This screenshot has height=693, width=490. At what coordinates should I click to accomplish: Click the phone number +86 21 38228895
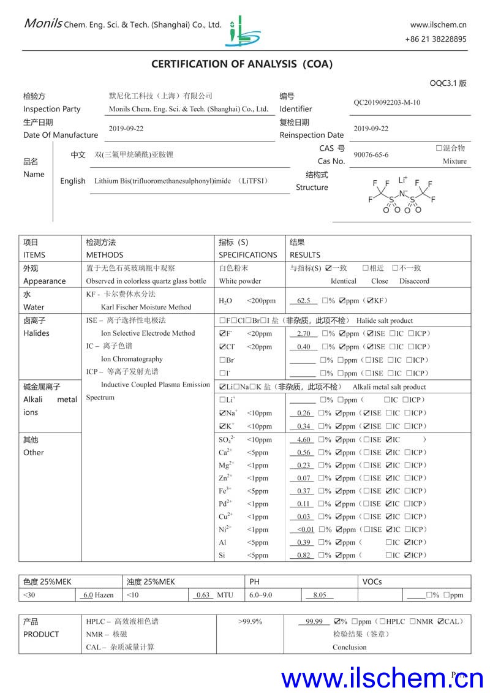[x=435, y=39]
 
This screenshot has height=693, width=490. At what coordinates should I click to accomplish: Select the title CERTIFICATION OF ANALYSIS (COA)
[x=242, y=64]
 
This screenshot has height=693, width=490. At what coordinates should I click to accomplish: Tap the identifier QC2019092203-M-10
[x=387, y=102]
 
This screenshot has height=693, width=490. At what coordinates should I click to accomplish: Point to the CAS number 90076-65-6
[x=371, y=155]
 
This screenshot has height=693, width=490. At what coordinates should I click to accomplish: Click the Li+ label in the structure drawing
[x=402, y=180]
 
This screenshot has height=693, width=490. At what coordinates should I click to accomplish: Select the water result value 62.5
[x=304, y=301]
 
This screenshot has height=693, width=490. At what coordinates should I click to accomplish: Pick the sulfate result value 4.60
[x=304, y=440]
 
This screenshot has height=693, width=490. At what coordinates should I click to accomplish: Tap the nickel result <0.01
[x=305, y=530]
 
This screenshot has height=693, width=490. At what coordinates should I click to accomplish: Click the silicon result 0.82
[x=304, y=556]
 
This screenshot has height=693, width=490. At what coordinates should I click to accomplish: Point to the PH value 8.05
[x=320, y=595]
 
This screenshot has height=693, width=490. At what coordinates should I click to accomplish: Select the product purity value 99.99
[x=314, y=622]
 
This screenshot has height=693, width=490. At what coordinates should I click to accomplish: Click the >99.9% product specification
[x=250, y=622]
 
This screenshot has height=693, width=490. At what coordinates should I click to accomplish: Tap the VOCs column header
[x=372, y=581]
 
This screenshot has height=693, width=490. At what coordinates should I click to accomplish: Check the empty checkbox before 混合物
[x=439, y=148]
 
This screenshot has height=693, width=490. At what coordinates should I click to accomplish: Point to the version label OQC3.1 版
[x=448, y=83]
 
